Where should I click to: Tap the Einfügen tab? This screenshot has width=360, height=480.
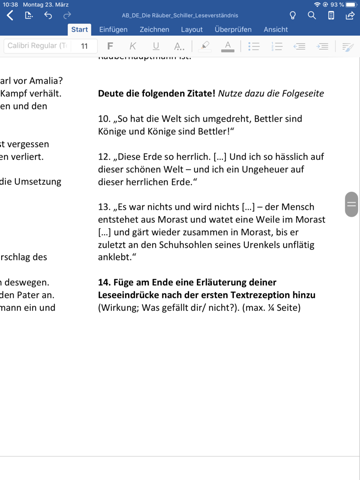tap(113, 30)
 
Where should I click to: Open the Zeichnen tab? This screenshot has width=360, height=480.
tap(154, 30)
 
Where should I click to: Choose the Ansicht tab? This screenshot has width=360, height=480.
tap(275, 30)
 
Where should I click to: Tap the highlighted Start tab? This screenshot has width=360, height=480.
tap(79, 30)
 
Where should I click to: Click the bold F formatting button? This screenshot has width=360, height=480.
tap(109, 47)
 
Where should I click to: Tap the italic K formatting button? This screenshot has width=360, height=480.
tap(132, 47)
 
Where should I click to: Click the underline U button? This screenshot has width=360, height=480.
tap(155, 47)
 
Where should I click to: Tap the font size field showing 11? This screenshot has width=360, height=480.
tap(84, 47)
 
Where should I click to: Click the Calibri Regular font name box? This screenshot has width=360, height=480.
tap(35, 47)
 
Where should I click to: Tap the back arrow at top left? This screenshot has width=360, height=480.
tap(10, 16)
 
